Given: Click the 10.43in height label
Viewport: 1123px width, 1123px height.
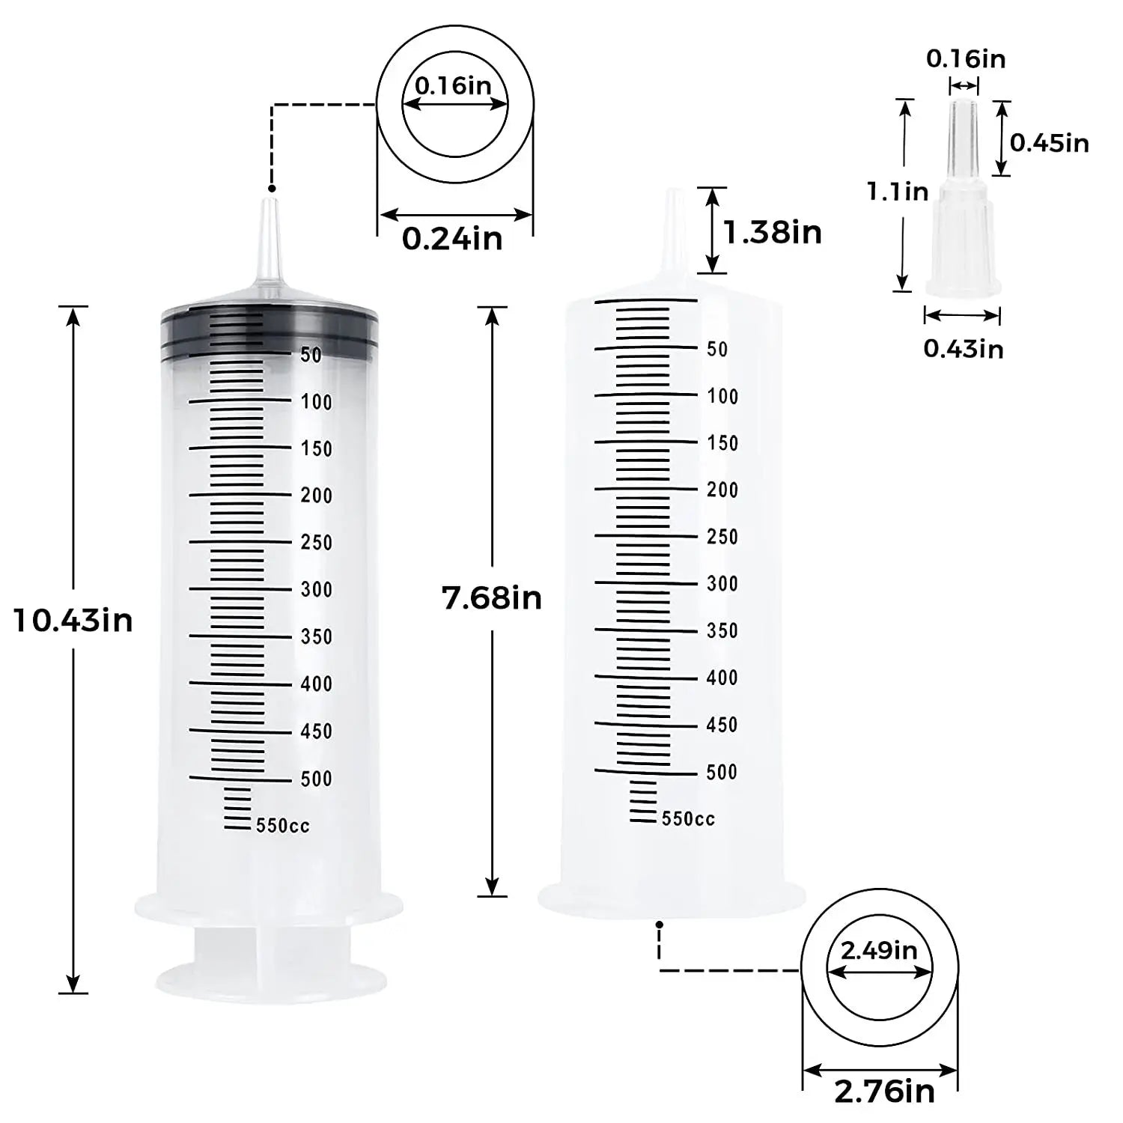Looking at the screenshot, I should coord(73,621).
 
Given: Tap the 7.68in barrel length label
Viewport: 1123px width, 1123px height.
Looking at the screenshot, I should coord(491,598).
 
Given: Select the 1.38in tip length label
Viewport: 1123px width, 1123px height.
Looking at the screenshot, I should coord(772,232).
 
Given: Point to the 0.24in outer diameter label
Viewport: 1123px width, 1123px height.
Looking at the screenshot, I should coord(452,239).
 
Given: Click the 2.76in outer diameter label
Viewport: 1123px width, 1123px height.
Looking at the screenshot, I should coord(884,1091).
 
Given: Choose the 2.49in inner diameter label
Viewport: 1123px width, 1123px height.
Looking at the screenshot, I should coord(879,950).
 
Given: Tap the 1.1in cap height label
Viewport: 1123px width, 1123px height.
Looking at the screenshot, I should coord(898,192).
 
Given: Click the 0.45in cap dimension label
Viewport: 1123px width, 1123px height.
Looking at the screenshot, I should coord(1049,142).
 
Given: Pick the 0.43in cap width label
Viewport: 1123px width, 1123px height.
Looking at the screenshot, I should coord(963,348).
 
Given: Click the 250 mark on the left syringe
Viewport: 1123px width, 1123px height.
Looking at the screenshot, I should coord(316,542).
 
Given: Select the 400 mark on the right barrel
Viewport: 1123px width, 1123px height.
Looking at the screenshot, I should coord(722,678).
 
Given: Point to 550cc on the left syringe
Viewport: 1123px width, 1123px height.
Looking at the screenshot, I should coord(282,825).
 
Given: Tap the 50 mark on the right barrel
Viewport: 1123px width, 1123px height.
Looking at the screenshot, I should coord(717,349).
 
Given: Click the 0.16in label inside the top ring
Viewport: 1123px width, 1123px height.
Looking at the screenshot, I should coord(453,85).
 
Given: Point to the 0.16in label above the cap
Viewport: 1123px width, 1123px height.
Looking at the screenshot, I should coord(966,58).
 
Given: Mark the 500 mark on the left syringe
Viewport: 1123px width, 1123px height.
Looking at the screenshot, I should coord(316,779).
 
